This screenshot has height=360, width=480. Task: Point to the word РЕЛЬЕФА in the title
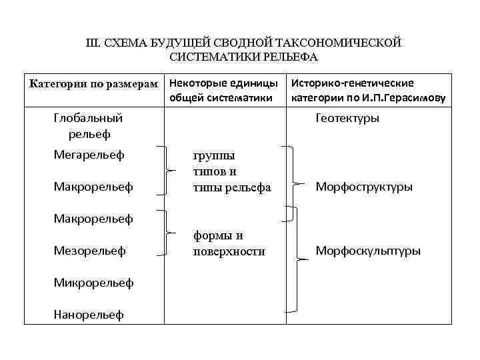coord(291,57)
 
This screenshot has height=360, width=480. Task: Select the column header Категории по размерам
coord(93,84)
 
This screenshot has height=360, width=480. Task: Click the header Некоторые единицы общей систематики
coord(223,91)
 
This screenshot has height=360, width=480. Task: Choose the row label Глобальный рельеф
coord(88,126)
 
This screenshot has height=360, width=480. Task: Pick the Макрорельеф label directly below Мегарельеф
coord(93,187)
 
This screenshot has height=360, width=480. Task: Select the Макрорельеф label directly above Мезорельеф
coord(93,218)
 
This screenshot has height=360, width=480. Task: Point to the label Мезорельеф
coord(89,251)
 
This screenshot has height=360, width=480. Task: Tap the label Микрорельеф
coord(93,283)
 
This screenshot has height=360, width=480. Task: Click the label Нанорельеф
coord(89,315)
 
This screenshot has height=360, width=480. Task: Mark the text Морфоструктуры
coord(363,187)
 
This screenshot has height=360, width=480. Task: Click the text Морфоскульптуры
coord(367,251)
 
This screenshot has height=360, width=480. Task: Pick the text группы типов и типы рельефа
coord(231,171)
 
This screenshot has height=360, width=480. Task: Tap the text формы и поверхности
coord(229,243)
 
